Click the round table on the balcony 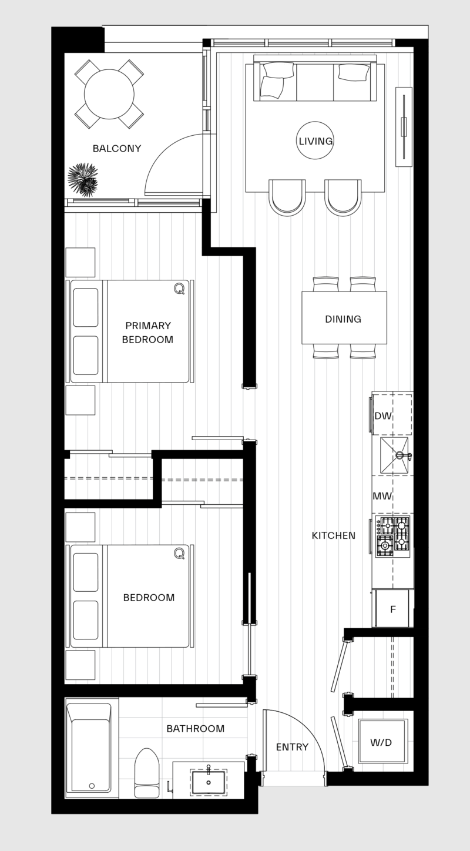point(109,94)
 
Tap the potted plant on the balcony point(82,180)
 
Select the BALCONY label point(117,149)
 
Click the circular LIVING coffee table point(315,140)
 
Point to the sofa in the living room point(315,81)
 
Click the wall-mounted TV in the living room point(404,126)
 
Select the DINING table point(344,318)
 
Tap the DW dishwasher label point(383,416)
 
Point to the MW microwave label point(382,496)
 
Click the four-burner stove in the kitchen point(392,537)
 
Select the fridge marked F point(393,609)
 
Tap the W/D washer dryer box point(382,742)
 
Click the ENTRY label point(292,747)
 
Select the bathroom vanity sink point(208,782)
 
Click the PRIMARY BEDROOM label point(147,333)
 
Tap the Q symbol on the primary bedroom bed point(179,288)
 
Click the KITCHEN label point(333,535)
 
